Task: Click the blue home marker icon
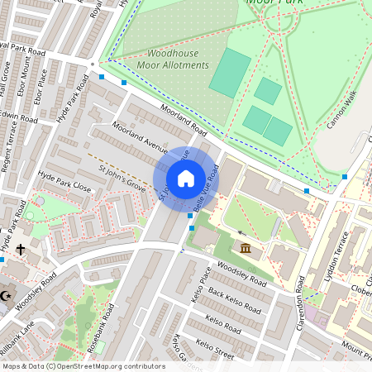pyautogui.click(x=186, y=179)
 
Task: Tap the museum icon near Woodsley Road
pyautogui.click(x=246, y=248)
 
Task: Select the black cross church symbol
pyautogui.click(x=20, y=249)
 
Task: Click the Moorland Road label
pyautogui.click(x=183, y=121)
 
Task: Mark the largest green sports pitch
pyautogui.click(x=230, y=71)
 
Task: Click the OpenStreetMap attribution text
pyautogui.click(x=83, y=366)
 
